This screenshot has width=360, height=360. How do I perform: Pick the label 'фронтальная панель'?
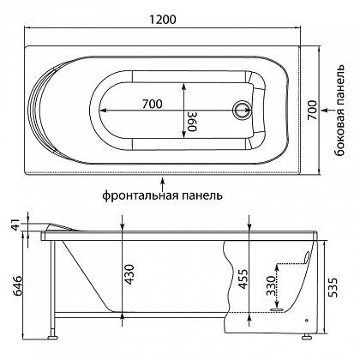click(161, 195)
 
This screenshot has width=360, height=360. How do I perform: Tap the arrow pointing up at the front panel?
click(161, 181)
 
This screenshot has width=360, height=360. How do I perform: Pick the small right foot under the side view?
click(306, 328)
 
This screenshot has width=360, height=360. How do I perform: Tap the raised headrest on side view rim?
click(60, 222)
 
